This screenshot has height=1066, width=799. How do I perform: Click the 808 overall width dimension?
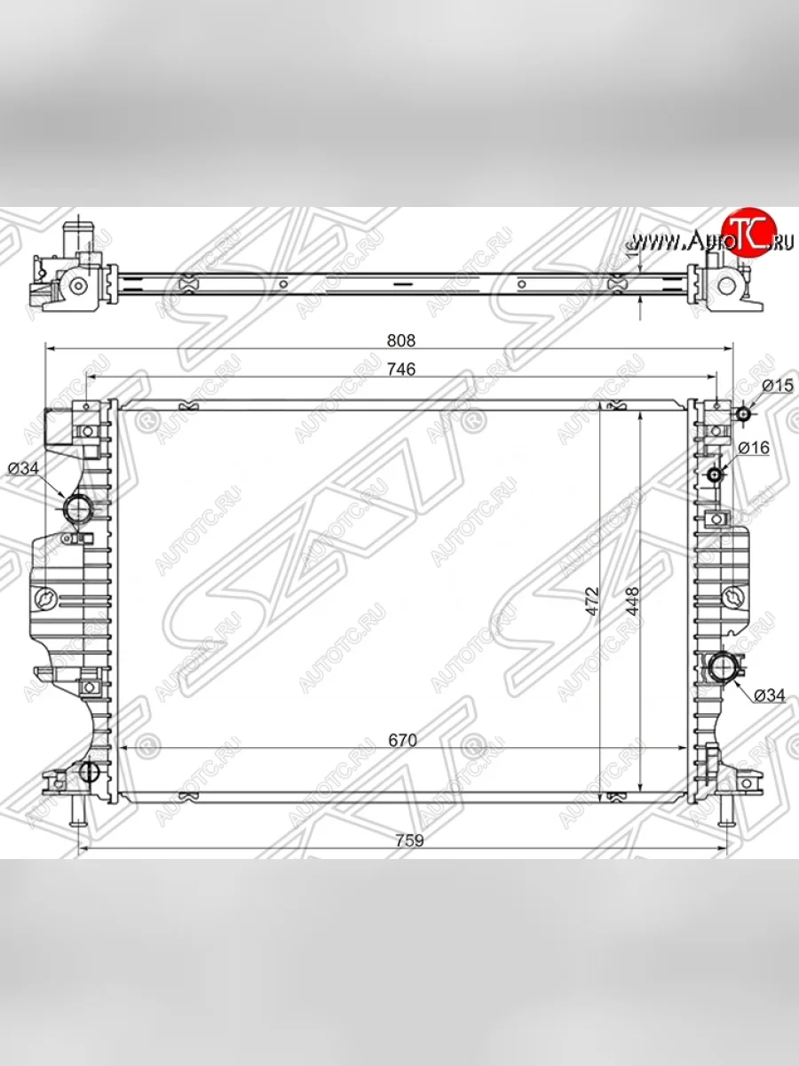(401, 340)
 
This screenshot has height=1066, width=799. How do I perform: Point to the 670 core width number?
(401, 739)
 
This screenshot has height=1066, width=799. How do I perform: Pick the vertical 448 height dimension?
(630, 600)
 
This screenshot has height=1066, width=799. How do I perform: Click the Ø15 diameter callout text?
(776, 386)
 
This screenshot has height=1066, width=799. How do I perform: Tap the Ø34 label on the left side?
(24, 468)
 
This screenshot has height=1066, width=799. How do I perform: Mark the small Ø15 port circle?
(742, 413)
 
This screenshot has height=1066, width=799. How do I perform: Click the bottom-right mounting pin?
(725, 808)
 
